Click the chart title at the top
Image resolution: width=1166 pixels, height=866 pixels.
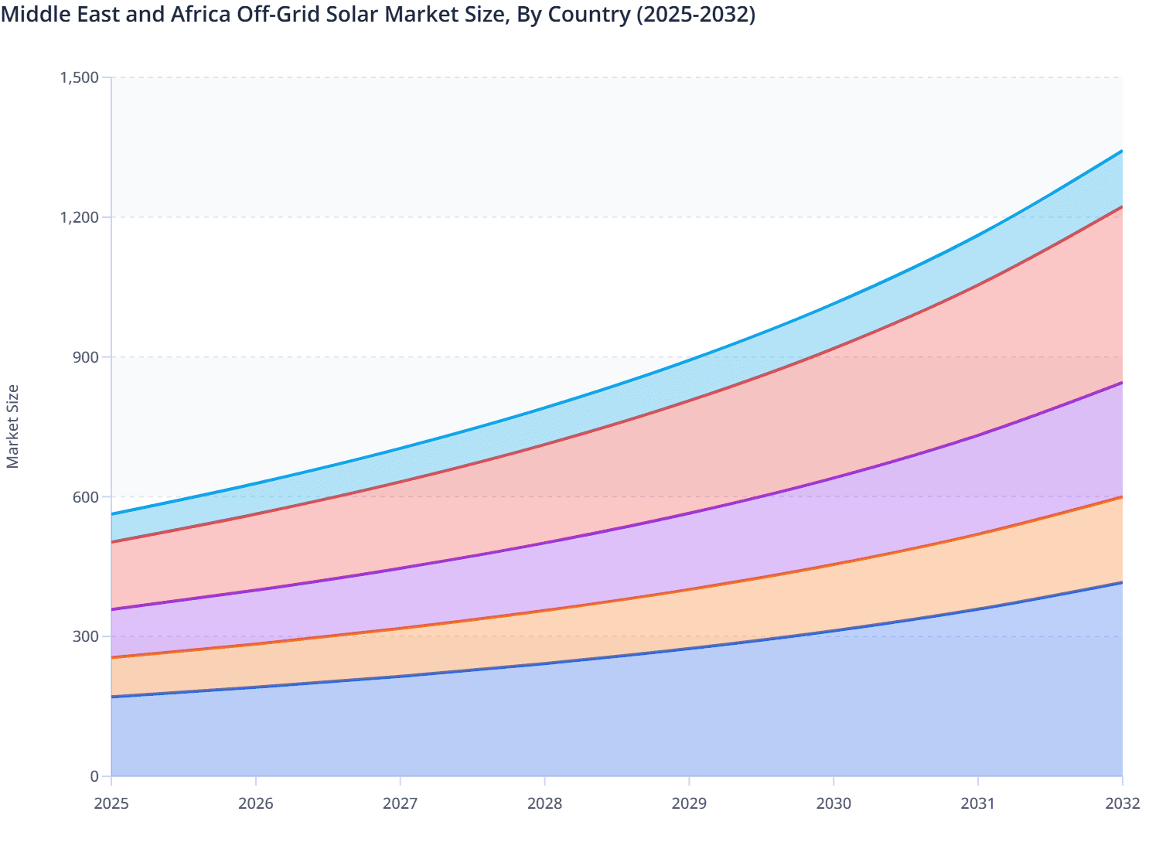click(x=378, y=14)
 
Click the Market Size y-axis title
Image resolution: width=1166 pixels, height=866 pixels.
click(x=12, y=426)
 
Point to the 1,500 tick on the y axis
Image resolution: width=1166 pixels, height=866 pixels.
click(x=80, y=77)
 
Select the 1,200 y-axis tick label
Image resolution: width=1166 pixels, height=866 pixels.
click(x=80, y=217)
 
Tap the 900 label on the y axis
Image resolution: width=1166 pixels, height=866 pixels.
click(x=87, y=357)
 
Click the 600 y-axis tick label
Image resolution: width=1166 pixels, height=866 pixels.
click(x=87, y=497)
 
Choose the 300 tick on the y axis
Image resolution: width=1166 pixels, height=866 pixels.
click(x=87, y=637)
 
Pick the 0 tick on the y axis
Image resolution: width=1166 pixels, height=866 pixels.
click(x=94, y=776)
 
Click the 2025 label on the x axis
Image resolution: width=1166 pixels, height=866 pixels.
click(x=111, y=803)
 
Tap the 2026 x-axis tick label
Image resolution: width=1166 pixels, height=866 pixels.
click(x=256, y=803)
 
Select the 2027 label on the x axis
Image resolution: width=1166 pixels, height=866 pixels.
click(x=401, y=803)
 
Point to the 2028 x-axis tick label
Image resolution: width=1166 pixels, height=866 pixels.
click(x=544, y=803)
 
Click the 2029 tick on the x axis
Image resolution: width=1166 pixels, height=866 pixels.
click(x=689, y=803)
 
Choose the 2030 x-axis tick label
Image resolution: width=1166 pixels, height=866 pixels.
click(x=834, y=803)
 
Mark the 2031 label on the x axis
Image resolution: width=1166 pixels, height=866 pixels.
click(x=978, y=803)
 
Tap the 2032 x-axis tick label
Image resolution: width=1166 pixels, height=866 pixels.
click(x=1122, y=803)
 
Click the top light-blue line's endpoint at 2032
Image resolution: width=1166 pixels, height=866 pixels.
click(x=1122, y=151)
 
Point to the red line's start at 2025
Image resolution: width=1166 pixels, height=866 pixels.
click(x=112, y=542)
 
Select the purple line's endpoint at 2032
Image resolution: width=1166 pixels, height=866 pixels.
click(x=1122, y=383)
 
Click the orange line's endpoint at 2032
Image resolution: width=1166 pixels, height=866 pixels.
click(x=1122, y=497)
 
